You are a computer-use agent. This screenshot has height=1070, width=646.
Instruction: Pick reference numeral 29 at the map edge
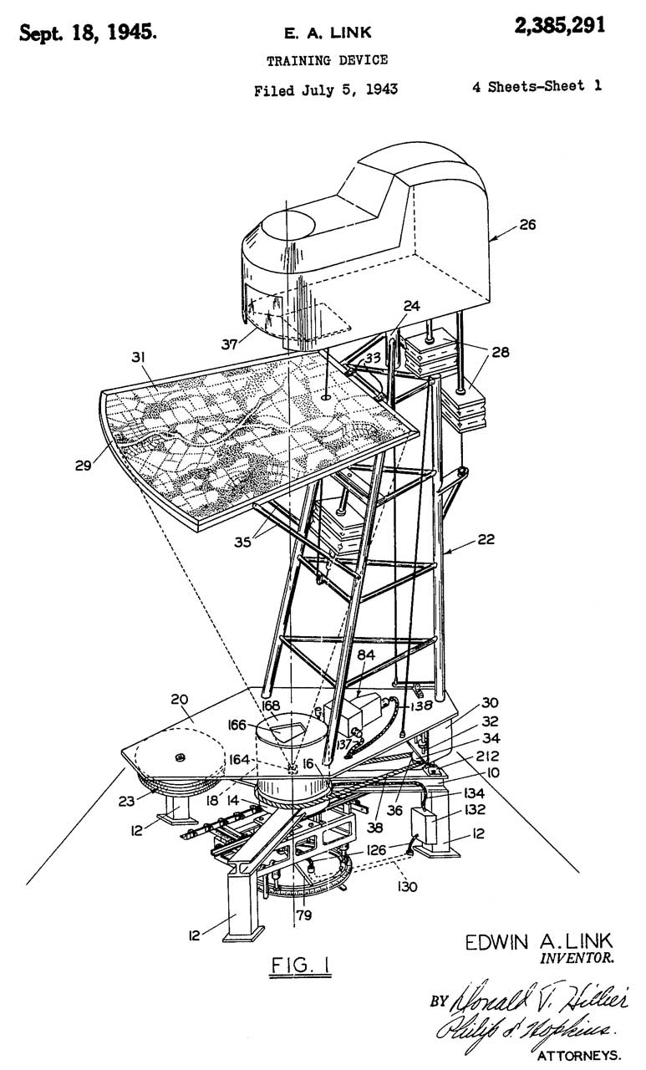pos(84,464)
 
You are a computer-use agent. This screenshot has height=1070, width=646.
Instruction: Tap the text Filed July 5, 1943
pos(326,89)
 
